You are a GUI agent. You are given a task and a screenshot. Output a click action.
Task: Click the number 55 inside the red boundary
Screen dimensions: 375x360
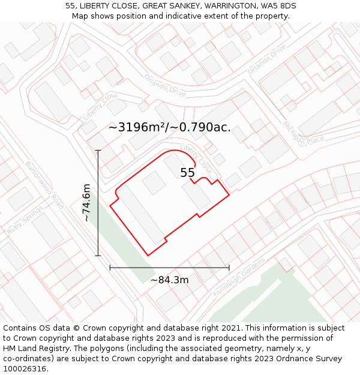[x=188, y=173]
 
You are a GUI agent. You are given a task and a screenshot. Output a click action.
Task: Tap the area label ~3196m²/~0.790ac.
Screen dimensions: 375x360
[x=170, y=127]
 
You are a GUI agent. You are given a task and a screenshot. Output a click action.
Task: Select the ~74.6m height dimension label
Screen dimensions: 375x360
[x=88, y=203]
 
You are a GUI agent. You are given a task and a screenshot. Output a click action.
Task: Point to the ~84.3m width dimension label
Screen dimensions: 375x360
[x=169, y=280]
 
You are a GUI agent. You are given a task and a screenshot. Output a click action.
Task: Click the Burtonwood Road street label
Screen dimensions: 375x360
[x=45, y=185]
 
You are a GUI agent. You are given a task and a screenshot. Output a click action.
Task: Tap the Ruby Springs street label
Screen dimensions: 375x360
[x=25, y=220]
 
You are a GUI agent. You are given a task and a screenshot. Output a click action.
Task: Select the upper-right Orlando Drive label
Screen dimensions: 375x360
[x=267, y=60]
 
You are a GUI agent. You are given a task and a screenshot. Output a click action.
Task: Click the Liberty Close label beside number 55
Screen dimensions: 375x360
[x=196, y=157]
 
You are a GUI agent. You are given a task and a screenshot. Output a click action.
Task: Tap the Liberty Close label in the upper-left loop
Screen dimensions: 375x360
[x=100, y=106]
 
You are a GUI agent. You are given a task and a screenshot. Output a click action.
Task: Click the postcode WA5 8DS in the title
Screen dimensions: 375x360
[x=280, y=6]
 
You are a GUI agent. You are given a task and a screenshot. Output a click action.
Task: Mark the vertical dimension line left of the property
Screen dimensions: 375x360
[x=98, y=203]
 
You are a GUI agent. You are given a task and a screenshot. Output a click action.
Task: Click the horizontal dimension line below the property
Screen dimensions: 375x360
[x=169, y=268]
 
